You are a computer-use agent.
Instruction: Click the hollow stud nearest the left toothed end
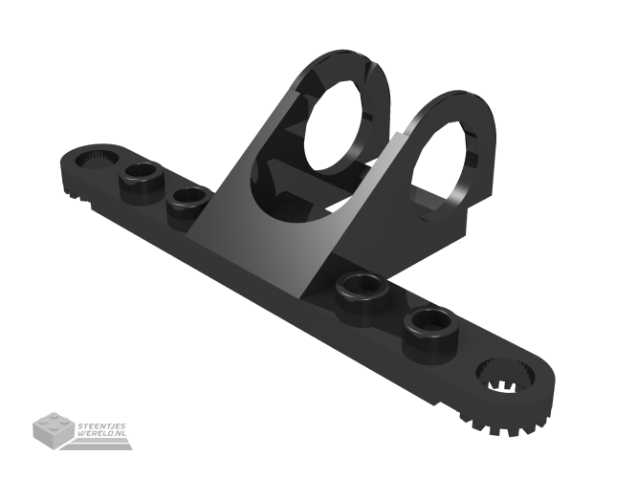(x=142, y=175)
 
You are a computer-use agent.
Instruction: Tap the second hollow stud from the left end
(x=188, y=198)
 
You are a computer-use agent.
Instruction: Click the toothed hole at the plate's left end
(x=94, y=156)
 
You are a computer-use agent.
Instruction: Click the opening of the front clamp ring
(x=341, y=122)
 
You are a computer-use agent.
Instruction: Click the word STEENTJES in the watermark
(x=103, y=425)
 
